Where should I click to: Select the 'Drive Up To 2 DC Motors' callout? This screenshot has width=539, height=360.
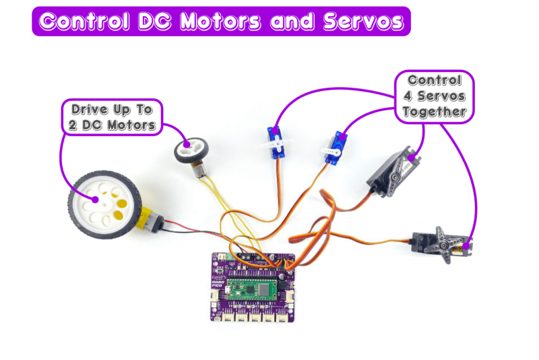tap(111, 117)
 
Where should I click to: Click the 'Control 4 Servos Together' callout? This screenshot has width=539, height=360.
tap(435, 96)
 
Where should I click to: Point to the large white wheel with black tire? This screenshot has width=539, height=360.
tap(102, 203)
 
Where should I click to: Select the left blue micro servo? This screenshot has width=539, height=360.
tap(276, 144)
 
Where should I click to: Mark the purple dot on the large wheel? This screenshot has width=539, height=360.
tap(95, 200)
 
